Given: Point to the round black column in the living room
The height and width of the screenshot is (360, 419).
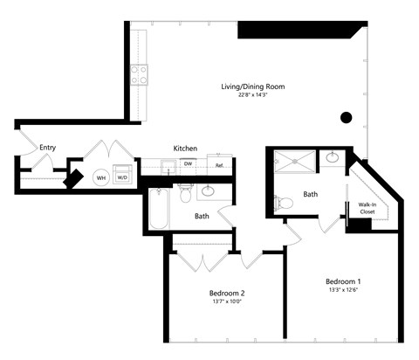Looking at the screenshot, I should [x=347, y=117].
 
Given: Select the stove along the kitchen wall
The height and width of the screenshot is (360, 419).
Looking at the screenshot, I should [x=138, y=75].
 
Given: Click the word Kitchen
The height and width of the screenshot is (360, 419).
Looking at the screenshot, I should [x=185, y=149].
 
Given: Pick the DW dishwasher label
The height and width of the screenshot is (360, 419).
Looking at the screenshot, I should [x=188, y=163].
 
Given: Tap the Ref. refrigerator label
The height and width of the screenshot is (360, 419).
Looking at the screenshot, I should [x=220, y=164].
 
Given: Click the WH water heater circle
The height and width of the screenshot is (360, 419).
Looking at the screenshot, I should [x=100, y=177].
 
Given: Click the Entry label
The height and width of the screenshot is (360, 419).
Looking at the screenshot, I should [x=47, y=148].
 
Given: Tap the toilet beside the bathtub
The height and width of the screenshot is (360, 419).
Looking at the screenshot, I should [x=184, y=193].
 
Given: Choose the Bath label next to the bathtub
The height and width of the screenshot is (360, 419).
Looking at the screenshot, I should [x=202, y=216].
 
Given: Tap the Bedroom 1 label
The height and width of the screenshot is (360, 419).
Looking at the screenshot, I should [x=343, y=281].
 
